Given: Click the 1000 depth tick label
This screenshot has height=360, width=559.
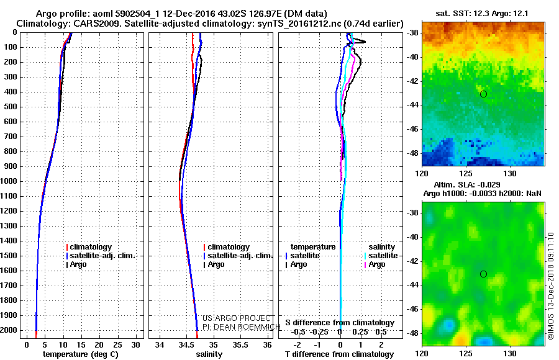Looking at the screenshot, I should click(x=11, y=181).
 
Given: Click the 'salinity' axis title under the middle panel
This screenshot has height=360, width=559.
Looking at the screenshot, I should click(x=209, y=354).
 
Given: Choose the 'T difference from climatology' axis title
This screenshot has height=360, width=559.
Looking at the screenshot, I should click(x=339, y=354).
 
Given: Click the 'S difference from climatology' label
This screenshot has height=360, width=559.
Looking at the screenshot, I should click(x=340, y=323).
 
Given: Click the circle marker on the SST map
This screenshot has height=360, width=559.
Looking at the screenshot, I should click(x=483, y=94).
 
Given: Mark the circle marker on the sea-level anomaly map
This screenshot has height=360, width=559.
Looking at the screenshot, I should click(x=483, y=274).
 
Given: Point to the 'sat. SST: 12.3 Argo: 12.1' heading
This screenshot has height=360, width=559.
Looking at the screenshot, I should click(x=483, y=14).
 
